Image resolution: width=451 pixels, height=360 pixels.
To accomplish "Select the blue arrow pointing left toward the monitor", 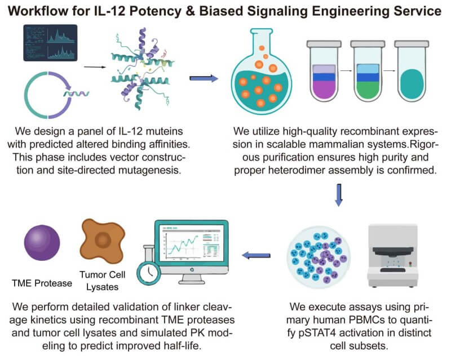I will (x=256, y=256).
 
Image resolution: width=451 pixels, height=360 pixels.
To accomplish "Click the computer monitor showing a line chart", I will (x=186, y=248).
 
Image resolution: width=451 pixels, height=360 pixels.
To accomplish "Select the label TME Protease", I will (x=42, y=283).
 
